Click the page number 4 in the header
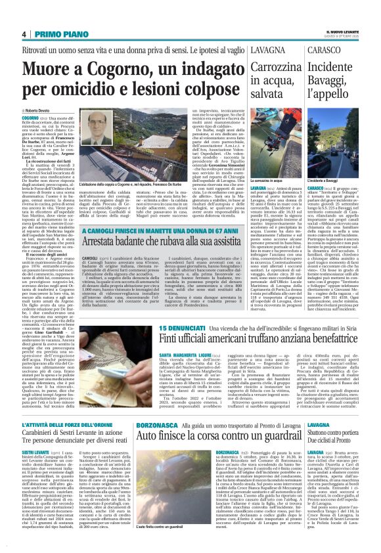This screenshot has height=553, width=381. point(24,34)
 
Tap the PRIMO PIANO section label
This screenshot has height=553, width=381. point(52,34)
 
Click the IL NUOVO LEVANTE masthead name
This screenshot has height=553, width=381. point(344,31)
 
